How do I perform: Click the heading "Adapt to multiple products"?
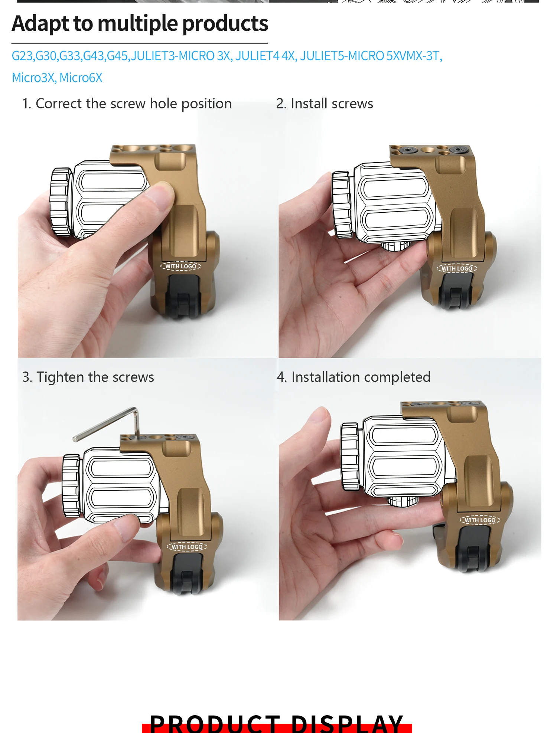pyautogui.click(x=140, y=24)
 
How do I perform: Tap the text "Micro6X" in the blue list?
pyautogui.click(x=81, y=78)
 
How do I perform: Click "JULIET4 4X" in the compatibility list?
pyautogui.click(x=265, y=56)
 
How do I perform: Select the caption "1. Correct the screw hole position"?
pyautogui.click(x=127, y=104)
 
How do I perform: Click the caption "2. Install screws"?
pyautogui.click(x=325, y=104)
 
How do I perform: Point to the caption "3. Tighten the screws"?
pyautogui.click(x=88, y=377)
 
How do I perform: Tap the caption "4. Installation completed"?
pyautogui.click(x=354, y=377)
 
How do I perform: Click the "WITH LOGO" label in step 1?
pyautogui.click(x=180, y=266)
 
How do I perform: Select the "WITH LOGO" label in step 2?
pyautogui.click(x=457, y=268)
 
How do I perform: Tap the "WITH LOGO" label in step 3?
pyautogui.click(x=187, y=547)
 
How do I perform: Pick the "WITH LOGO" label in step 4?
pyautogui.click(x=480, y=520)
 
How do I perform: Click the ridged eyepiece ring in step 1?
pyautogui.click(x=60, y=202)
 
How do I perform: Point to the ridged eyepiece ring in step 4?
pyautogui.click(x=350, y=457)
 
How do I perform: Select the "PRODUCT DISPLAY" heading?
pyautogui.click(x=277, y=723)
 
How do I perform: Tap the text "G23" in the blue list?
pyautogui.click(x=22, y=56)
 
